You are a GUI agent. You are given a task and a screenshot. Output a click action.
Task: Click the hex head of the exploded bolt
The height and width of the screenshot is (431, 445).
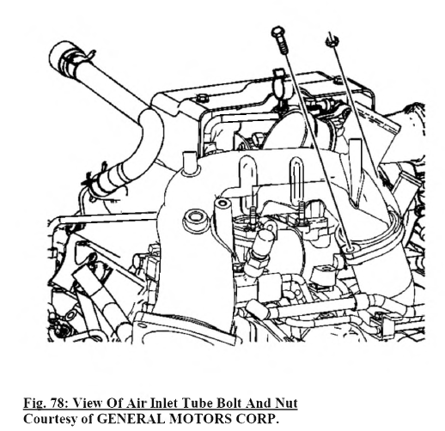pyautogui.click(x=277, y=32)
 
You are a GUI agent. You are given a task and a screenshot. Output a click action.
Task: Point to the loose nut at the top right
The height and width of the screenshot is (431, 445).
pyautogui.click(x=332, y=41)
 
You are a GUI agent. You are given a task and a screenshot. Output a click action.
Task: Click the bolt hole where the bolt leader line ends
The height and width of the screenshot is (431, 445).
pyautogui.click(x=351, y=249)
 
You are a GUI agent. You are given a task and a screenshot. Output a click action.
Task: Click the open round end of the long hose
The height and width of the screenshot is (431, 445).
pyautogui.click(x=58, y=53)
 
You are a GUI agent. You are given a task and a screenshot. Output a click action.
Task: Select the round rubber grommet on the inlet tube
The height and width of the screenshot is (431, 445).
pyautogui.click(x=196, y=219)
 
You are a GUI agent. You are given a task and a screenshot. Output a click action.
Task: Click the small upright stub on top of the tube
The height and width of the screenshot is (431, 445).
pyautogui.click(x=189, y=161)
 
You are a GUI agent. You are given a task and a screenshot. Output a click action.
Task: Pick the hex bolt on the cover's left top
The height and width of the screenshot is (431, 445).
pyautogui.click(x=202, y=98)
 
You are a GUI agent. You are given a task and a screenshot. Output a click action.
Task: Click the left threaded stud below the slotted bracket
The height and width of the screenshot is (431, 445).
pyautogui.click(x=253, y=217)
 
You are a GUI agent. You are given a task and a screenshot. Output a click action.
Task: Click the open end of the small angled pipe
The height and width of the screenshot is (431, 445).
pyautogui.click(x=222, y=204)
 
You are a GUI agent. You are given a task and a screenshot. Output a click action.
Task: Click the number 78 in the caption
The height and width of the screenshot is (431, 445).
pyautogui.click(x=58, y=403)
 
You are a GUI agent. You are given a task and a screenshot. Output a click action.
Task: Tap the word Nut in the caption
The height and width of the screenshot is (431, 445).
pyautogui.click(x=286, y=403)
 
